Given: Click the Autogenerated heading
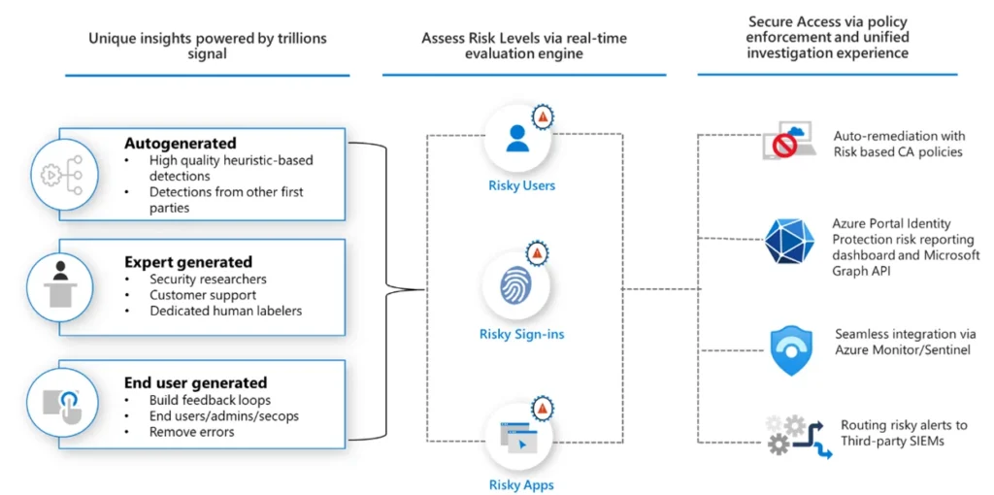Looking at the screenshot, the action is [x=180, y=143].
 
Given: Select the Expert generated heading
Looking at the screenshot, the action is [x=188, y=262].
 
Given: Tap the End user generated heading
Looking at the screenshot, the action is [x=196, y=382].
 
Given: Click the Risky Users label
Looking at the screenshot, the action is [x=521, y=185].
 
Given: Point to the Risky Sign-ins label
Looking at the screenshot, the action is [x=521, y=334].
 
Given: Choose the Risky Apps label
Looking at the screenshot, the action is [x=521, y=485].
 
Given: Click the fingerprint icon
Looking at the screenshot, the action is [x=517, y=285].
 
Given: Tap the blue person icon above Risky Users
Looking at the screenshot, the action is [x=517, y=138].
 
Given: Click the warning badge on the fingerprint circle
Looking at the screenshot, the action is [x=538, y=253].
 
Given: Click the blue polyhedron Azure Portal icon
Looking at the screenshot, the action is [x=786, y=240].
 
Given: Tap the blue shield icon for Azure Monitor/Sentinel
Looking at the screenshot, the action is [x=790, y=351].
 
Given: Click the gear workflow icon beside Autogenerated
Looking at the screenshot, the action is [x=62, y=175].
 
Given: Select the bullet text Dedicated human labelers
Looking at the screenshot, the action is [x=225, y=312].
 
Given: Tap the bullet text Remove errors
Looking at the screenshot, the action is [x=192, y=432].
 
